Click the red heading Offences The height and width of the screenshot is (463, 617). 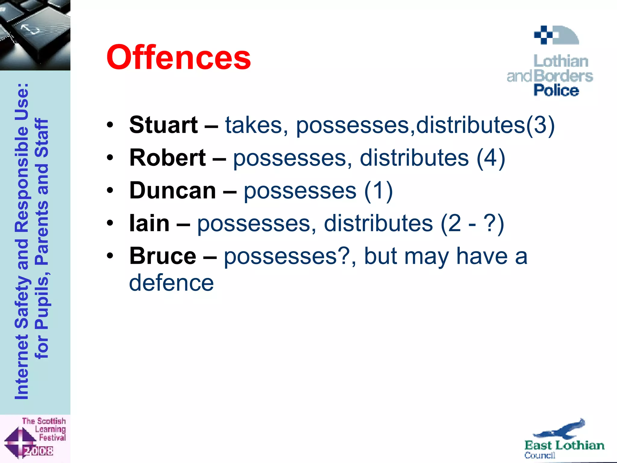click(178, 57)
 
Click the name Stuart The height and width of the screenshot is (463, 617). click(163, 125)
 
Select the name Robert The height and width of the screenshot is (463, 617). click(168, 158)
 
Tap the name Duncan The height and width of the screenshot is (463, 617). click(173, 191)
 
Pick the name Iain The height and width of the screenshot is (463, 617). click(149, 223)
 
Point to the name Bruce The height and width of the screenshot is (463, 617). click(163, 256)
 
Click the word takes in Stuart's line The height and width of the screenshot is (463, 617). click(253, 125)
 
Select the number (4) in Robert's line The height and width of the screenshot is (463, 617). click(490, 158)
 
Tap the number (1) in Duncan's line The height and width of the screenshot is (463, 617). click(378, 191)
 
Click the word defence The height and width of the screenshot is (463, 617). click(171, 283)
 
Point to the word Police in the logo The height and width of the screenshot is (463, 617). click(556, 90)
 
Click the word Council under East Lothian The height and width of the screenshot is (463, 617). click(540, 455)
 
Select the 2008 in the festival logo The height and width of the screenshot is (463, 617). click(39, 451)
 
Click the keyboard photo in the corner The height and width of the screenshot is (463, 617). click(35, 35)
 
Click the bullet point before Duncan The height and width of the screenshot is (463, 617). click(110, 191)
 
